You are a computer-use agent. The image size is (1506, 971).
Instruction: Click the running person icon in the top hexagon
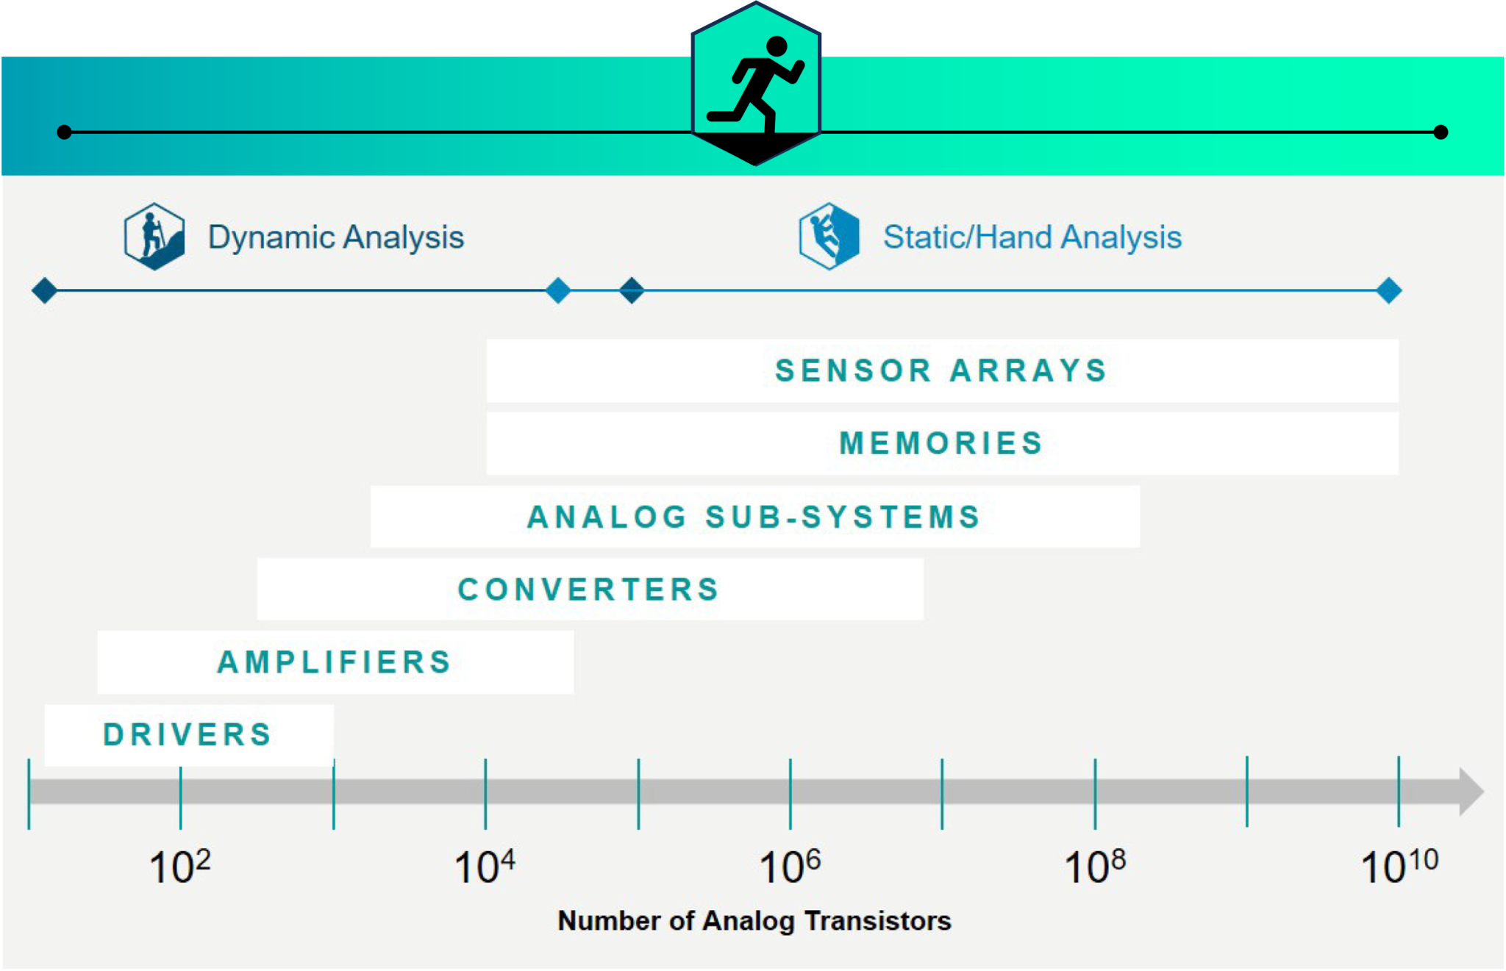click(756, 85)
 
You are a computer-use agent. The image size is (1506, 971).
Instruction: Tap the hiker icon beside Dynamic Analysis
click(154, 236)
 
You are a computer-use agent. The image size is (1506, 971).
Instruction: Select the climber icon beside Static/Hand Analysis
click(829, 236)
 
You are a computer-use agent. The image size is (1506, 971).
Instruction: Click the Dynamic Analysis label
click(336, 237)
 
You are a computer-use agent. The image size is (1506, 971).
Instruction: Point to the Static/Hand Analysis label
click(1032, 237)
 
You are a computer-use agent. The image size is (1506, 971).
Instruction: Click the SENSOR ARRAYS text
click(941, 370)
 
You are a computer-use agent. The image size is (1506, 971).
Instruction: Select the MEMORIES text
click(941, 443)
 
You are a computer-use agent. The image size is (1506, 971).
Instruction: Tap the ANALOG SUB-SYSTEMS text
click(754, 517)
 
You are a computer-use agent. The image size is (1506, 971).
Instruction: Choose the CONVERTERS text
click(588, 590)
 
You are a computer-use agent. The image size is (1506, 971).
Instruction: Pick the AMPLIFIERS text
click(335, 662)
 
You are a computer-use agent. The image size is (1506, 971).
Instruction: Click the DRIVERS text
click(188, 735)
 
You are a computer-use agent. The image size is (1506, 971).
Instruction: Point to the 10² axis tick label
click(180, 866)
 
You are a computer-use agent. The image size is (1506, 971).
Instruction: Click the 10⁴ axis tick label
click(485, 866)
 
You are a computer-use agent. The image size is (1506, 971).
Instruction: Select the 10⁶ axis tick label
click(791, 866)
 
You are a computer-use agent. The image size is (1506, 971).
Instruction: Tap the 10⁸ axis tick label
click(1096, 866)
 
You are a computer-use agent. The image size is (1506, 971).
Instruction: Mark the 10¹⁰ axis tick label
click(1399, 866)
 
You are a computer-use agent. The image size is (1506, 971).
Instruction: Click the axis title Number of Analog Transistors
click(754, 921)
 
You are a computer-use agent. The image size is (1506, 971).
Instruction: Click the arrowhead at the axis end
click(1471, 792)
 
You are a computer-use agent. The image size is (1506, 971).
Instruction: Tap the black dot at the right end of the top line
click(1441, 132)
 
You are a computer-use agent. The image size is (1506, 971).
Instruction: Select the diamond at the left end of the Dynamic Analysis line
click(45, 290)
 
